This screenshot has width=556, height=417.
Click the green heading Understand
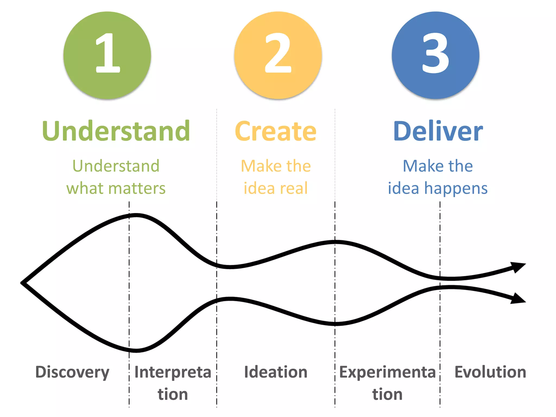116,131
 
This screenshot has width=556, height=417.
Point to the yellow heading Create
276,131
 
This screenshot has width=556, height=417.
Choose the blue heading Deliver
438,131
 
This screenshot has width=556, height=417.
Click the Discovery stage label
72,372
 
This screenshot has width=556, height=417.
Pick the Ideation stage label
276,372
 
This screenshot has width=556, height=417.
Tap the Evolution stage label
490,372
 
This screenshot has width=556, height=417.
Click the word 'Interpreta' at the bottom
173,372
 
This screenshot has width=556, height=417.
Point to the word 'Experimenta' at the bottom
387,372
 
